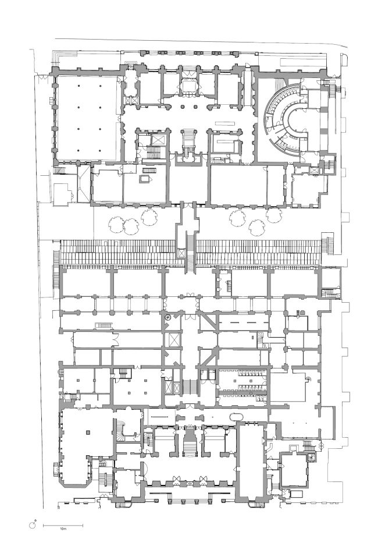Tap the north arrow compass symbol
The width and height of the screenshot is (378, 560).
[x=34, y=524]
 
